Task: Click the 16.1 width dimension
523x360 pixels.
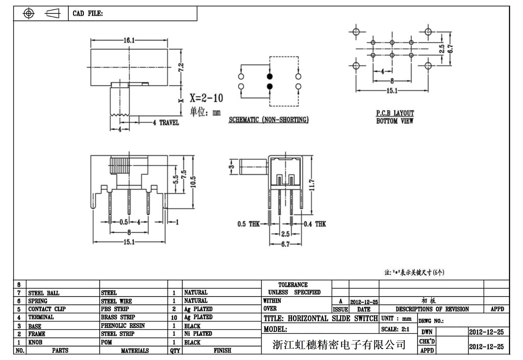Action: click(x=129, y=40)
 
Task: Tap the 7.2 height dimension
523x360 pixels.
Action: click(x=181, y=67)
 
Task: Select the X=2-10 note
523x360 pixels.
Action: click(x=206, y=98)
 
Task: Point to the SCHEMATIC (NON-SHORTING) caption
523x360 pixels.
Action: click(x=268, y=120)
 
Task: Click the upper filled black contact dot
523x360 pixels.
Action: click(x=270, y=77)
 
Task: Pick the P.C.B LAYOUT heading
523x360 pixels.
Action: click(x=395, y=113)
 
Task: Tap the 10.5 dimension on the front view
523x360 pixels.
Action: click(x=193, y=182)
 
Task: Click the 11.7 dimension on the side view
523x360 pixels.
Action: click(x=312, y=185)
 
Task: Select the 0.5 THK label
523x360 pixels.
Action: click(x=248, y=224)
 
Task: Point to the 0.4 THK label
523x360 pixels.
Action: click(x=315, y=224)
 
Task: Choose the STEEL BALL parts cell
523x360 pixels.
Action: click(x=44, y=293)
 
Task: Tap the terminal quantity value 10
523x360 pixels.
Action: click(x=174, y=317)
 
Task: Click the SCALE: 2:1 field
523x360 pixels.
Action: click(x=395, y=329)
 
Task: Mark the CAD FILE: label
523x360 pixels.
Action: click(x=88, y=14)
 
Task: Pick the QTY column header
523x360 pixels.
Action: click(x=175, y=351)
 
